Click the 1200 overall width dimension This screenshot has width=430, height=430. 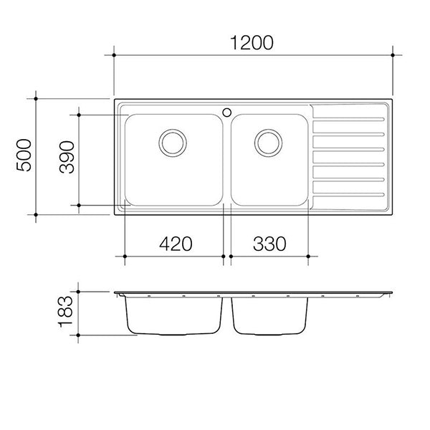pos(252,43)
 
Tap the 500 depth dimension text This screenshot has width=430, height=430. pos(24,156)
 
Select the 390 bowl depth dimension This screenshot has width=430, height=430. pos(67,157)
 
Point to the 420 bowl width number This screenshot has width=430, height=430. pos(176,244)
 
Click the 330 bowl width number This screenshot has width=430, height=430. pos(269,244)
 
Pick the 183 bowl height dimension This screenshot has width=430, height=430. pos(65,312)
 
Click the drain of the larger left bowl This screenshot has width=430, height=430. pos(173,143)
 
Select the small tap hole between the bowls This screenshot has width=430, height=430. pos(226,113)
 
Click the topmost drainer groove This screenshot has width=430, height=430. pos(348,119)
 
